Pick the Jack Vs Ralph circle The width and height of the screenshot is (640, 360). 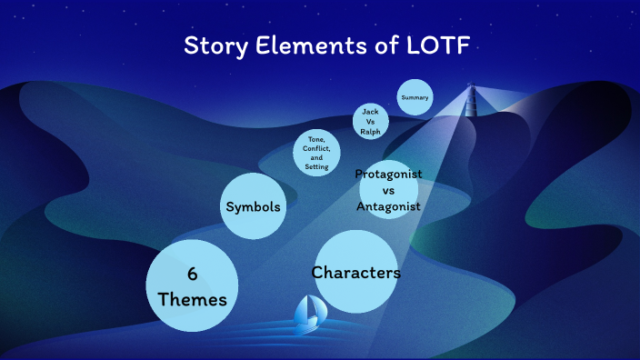tap(370, 121)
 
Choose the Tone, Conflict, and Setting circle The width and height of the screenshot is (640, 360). tap(317, 152)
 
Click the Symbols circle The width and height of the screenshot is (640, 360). tap(253, 207)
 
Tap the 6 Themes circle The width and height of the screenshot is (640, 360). tap(192, 285)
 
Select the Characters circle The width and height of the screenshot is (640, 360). tap(356, 272)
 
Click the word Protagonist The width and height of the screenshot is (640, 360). tap(388, 174)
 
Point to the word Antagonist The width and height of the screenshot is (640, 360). tap(388, 208)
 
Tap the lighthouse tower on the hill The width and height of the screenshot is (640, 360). tap(471, 100)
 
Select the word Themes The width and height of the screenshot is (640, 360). tap(192, 298)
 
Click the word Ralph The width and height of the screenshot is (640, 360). tap(370, 131)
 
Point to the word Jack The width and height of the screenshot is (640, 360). tap(370, 111)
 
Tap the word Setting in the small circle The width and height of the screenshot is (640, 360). tap(317, 167)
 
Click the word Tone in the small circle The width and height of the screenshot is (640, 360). tap(315, 138)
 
